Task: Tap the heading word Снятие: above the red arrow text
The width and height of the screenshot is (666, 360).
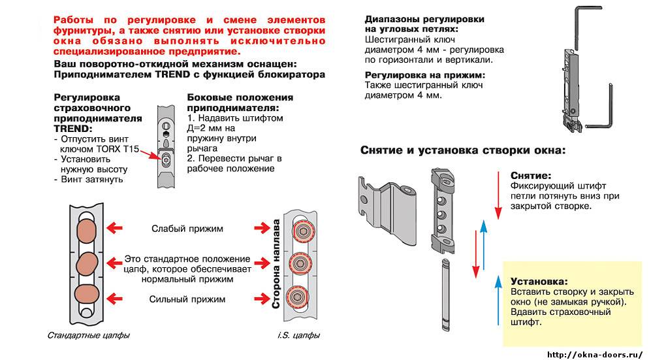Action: pyautogui.click(x=530, y=176)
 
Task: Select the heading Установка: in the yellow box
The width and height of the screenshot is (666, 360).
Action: pyautogui.click(x=539, y=281)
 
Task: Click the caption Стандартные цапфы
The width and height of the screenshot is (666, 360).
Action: pyautogui.click(x=89, y=335)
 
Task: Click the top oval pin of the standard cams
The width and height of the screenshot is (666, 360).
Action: pyautogui.click(x=86, y=229)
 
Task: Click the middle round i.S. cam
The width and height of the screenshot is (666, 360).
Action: pyautogui.click(x=301, y=263)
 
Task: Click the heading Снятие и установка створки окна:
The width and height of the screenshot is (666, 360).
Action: pyautogui.click(x=462, y=150)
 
